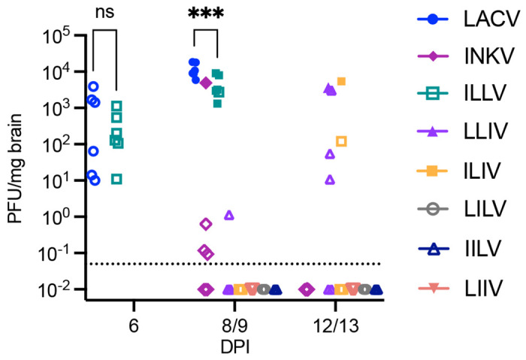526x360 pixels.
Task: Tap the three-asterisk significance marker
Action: (x=204, y=14)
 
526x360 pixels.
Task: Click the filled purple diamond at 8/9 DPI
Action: (x=205, y=83)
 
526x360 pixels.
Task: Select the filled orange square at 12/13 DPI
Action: (x=341, y=81)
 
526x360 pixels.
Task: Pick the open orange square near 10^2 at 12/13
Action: (x=341, y=141)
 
